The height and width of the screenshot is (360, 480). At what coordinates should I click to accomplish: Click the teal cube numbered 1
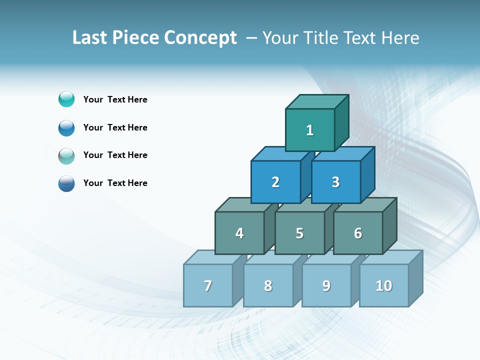(310, 130)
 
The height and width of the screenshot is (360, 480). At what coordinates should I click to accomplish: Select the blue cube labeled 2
(275, 182)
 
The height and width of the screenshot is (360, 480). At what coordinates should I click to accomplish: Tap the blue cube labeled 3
(335, 182)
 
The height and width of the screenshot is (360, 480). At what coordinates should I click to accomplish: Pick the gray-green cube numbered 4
(239, 233)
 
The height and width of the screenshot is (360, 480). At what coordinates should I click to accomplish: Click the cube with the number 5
(299, 233)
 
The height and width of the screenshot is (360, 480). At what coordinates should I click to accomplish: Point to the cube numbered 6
(358, 233)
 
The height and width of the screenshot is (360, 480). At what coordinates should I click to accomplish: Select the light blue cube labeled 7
(208, 285)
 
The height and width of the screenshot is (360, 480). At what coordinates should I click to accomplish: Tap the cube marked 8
(268, 285)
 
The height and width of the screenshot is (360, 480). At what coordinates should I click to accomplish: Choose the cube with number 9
(326, 285)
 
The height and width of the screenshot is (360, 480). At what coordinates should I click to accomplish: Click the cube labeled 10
(384, 285)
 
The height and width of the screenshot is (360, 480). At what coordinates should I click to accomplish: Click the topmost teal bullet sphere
(66, 99)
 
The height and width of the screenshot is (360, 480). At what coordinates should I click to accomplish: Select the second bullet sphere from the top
(66, 127)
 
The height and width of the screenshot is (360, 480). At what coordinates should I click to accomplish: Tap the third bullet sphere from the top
(66, 155)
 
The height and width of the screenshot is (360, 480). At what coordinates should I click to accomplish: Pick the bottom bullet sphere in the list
(66, 183)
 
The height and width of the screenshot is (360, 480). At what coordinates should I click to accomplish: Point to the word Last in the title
(90, 38)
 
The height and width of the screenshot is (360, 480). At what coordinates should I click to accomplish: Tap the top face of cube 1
(317, 101)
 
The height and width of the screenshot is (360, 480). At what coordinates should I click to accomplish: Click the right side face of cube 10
(416, 278)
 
